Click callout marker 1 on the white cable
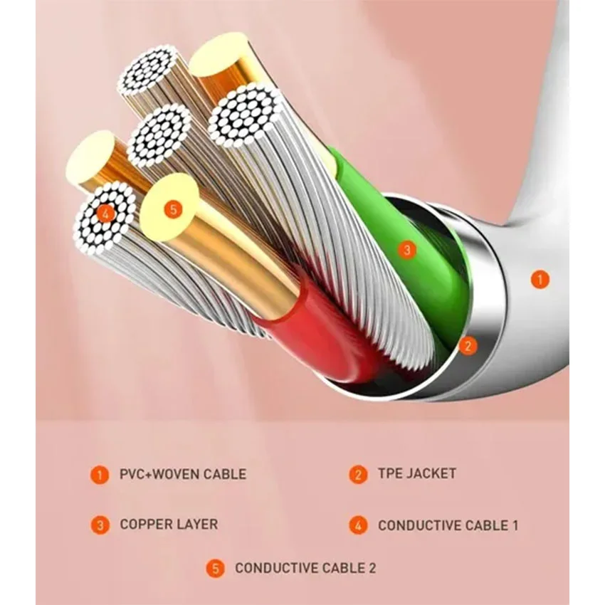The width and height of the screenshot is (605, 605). pyautogui.click(x=540, y=279)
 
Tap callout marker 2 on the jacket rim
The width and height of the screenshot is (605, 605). pyautogui.click(x=468, y=346)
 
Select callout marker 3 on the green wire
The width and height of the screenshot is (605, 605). pyautogui.click(x=407, y=250)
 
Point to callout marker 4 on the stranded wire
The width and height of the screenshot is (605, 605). pyautogui.click(x=106, y=214)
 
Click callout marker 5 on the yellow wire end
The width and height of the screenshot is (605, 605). pyautogui.click(x=173, y=210)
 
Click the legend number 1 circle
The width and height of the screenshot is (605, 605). pyautogui.click(x=100, y=475)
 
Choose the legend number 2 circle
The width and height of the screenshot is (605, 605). pyautogui.click(x=359, y=475)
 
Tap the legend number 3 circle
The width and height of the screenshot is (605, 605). pyautogui.click(x=100, y=525)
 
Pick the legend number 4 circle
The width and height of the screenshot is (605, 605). pyautogui.click(x=359, y=525)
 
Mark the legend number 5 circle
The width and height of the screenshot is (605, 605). pyautogui.click(x=216, y=569)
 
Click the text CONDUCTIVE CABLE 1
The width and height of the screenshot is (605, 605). pyautogui.click(x=448, y=525)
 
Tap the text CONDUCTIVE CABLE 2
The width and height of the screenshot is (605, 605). pyautogui.click(x=305, y=568)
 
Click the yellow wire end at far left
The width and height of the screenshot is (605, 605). pyautogui.click(x=90, y=157)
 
